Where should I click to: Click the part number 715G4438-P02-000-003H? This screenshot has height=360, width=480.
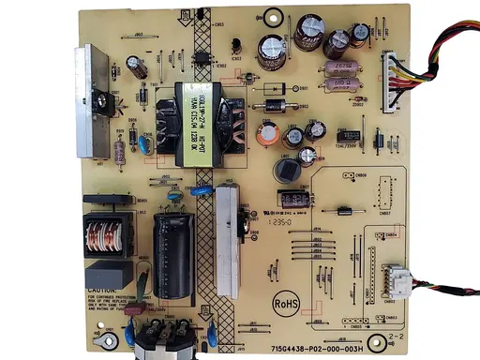316,346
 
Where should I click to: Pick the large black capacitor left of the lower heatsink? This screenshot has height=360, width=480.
173,247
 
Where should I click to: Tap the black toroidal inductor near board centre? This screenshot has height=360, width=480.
287,169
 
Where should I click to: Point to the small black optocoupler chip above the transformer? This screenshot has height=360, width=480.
200,55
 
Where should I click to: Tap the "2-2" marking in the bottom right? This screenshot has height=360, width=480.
395,335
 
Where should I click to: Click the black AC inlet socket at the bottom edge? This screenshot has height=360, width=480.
164,345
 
